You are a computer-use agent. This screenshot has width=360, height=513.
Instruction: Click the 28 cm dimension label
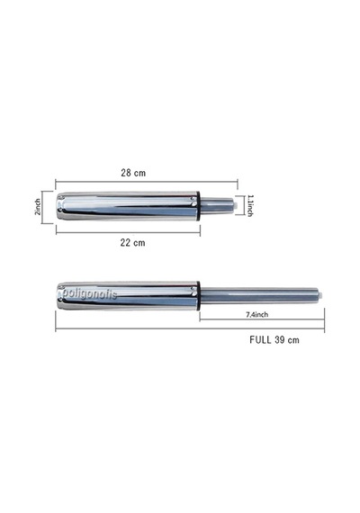[x=133, y=173]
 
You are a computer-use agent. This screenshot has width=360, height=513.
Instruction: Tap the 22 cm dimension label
[x=132, y=243]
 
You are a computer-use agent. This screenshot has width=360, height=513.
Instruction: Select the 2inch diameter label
[x=38, y=207]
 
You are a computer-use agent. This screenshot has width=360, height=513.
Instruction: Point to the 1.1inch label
[x=250, y=205]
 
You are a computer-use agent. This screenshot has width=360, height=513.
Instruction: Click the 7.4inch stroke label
[x=256, y=314]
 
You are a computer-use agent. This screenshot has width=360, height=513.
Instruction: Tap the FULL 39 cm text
[x=274, y=340]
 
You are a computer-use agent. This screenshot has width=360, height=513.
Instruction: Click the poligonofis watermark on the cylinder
[x=89, y=293]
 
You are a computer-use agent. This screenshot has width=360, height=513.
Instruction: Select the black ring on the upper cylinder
[x=198, y=207]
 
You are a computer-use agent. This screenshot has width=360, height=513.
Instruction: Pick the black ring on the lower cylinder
[x=198, y=296]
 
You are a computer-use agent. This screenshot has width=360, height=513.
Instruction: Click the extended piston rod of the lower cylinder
[x=259, y=296]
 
